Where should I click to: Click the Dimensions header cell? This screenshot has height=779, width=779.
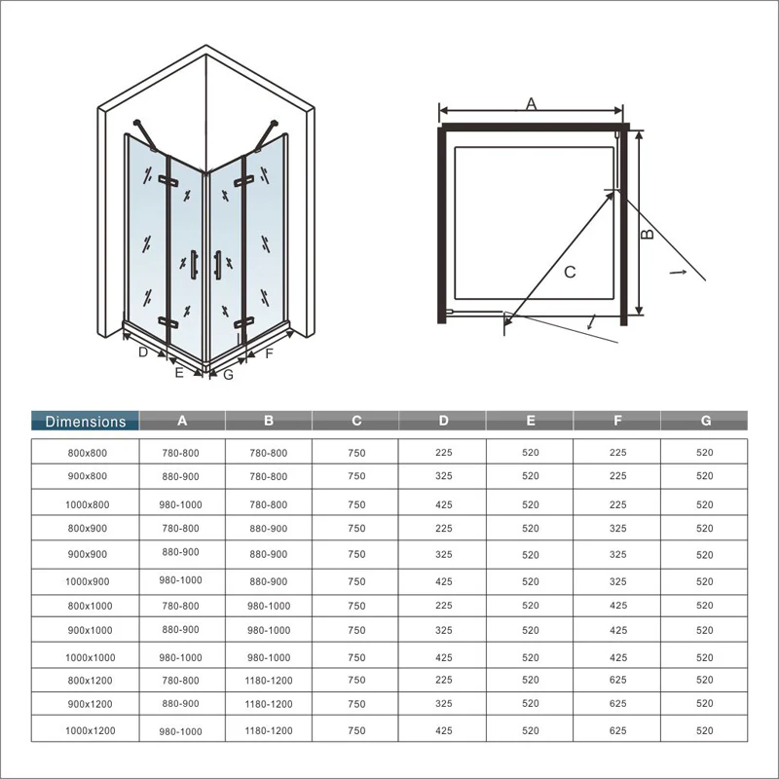85,421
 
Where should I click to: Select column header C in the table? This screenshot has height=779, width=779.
356,421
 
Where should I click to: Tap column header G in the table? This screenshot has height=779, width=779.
705,421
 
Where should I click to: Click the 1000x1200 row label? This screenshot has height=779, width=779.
90,731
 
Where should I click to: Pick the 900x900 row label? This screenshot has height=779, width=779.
88,554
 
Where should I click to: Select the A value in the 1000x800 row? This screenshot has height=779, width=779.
180,504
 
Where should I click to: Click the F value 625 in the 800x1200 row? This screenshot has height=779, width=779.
618,680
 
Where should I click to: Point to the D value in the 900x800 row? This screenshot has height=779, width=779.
444,476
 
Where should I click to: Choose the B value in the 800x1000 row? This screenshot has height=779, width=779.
269,606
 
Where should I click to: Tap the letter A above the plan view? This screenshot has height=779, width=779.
531,104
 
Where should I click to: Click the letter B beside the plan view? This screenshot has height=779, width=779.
647,234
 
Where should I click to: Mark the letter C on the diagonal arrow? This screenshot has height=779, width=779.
570,272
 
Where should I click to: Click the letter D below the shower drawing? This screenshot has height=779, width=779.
143,352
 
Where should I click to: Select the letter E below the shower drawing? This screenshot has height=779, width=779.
179,372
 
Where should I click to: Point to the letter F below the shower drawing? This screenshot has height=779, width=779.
270,353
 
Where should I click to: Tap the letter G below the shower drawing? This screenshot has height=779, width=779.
229,375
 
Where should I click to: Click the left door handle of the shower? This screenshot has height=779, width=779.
194,264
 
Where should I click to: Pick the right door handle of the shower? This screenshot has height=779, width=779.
217,264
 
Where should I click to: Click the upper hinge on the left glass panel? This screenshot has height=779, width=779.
168,181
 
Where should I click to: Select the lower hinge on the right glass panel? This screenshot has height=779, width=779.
244,323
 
